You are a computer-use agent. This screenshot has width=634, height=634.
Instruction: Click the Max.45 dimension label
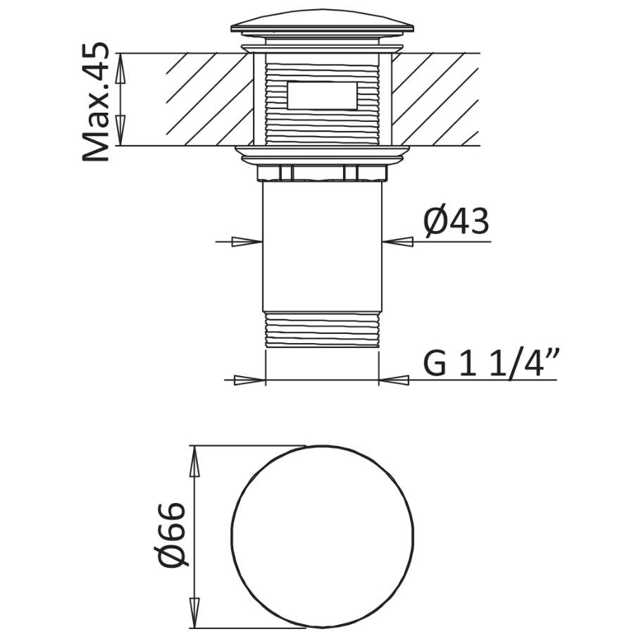point(96,101)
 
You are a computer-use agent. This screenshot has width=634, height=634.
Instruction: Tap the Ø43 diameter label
point(456,222)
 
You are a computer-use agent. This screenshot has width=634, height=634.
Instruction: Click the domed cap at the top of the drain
point(322,21)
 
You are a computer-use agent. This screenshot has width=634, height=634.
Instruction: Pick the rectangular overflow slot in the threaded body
point(322,95)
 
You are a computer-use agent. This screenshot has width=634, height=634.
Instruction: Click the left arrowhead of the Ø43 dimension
point(247,242)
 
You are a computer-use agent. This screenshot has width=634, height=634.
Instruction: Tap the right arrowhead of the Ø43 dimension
point(398,242)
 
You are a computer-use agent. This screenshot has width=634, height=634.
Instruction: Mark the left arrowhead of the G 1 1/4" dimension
point(249,380)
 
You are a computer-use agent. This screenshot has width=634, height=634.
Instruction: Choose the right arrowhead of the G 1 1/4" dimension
point(394,380)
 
